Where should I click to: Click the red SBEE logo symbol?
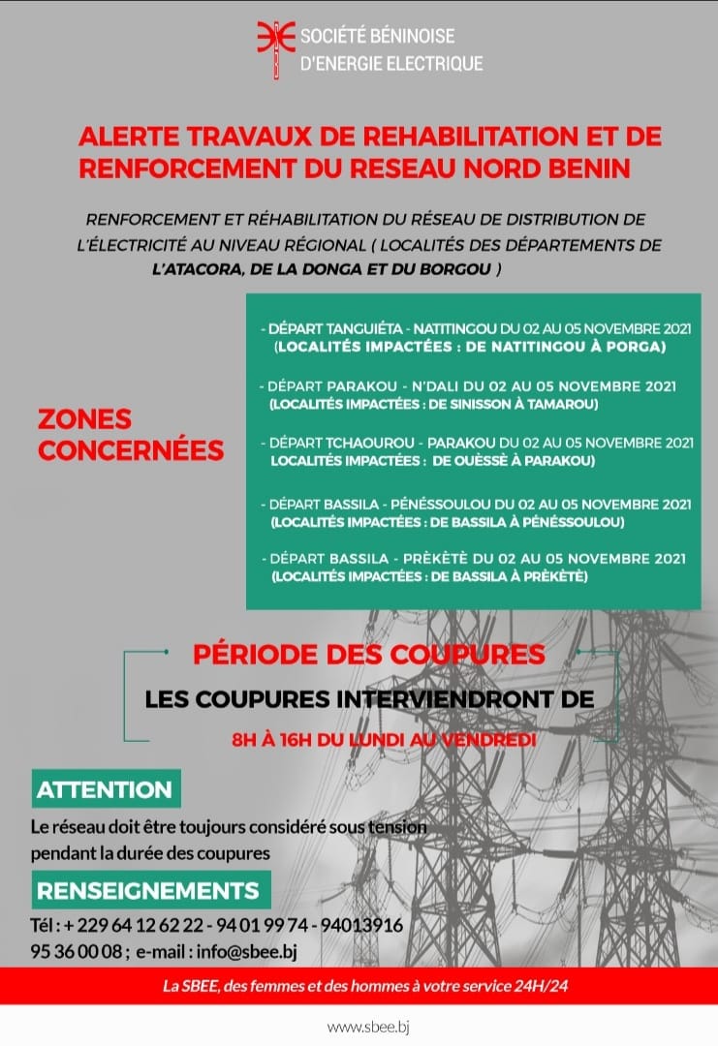[x=274, y=48]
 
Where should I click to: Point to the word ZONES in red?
[x=84, y=419]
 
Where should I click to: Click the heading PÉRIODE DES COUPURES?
[x=368, y=654]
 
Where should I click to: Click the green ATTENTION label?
[x=104, y=789]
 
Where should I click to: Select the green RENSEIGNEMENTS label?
[x=147, y=890]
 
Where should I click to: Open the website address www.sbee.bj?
[x=368, y=1027]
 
